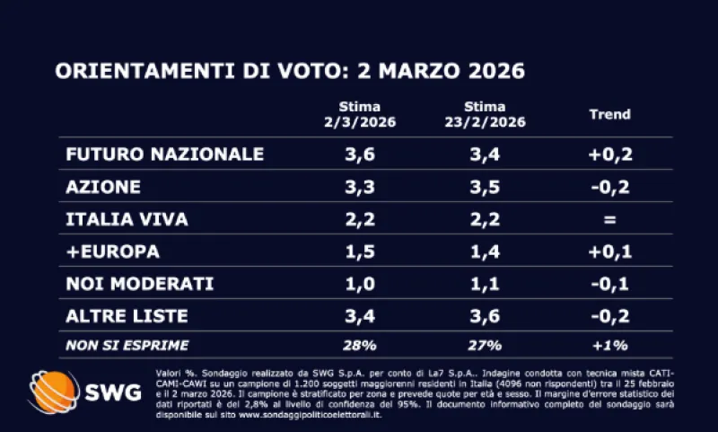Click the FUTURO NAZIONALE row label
[x=164, y=154]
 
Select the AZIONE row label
[x=103, y=187]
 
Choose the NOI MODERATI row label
[x=139, y=284]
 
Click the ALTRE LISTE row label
[x=127, y=315]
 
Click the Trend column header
[x=609, y=114]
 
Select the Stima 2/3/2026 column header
[x=360, y=114]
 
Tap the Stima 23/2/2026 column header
[x=486, y=114]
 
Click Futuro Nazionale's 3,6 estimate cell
[x=360, y=154]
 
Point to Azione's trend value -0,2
[x=610, y=187]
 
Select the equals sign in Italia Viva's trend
[x=610, y=219]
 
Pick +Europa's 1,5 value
[x=360, y=251]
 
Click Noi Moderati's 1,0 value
[x=360, y=284]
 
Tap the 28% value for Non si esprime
[x=360, y=344]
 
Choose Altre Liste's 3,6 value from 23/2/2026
[x=486, y=315]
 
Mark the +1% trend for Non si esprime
[x=610, y=344]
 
